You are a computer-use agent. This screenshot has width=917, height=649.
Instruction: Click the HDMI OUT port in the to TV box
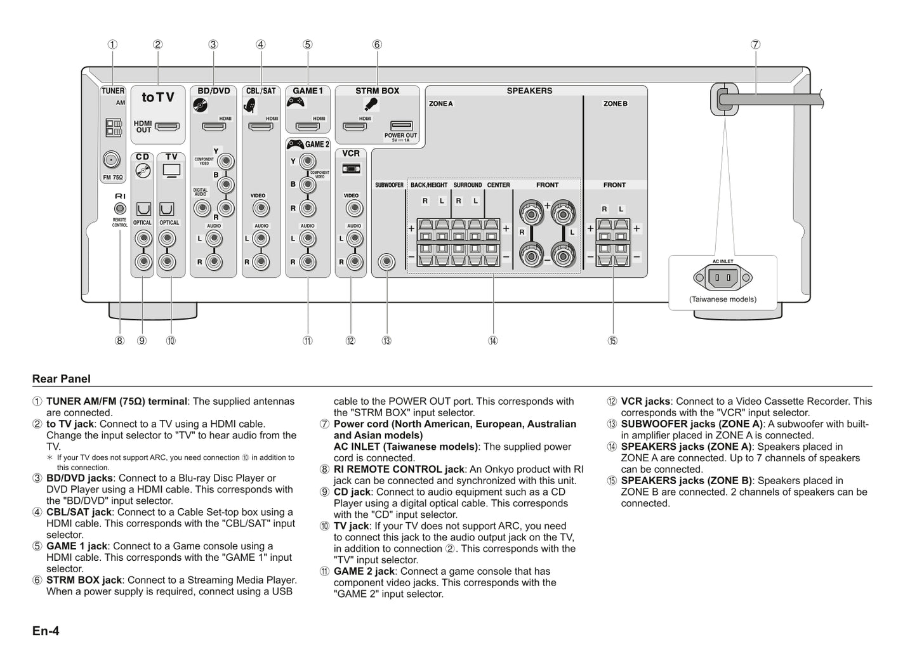pos(167,126)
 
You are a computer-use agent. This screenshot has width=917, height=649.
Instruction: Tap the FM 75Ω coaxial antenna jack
pos(111,159)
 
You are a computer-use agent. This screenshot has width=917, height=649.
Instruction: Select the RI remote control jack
pos(120,209)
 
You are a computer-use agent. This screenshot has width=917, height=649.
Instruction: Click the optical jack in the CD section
pos(143,209)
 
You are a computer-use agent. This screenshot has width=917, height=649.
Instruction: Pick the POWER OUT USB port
pos(401,126)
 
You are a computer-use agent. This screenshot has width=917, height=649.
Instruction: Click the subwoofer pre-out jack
pos(386,262)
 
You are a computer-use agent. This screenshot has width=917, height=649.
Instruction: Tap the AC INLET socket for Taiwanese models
pos(723,277)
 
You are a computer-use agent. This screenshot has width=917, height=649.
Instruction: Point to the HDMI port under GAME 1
pos(307,126)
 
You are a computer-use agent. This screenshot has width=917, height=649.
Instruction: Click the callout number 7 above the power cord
pos(755,44)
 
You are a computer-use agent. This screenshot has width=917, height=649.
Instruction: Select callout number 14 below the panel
pos(493,341)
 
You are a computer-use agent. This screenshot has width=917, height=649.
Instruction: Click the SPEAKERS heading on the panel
pos(529,91)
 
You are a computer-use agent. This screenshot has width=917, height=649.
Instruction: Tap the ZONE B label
pos(615,103)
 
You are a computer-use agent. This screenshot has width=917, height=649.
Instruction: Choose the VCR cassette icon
pos(351,169)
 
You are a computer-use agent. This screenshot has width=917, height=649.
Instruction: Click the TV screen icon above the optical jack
pos(171,170)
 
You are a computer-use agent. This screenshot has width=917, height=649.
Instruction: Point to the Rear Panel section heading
pos(62,379)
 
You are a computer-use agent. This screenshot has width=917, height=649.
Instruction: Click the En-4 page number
pos(46,631)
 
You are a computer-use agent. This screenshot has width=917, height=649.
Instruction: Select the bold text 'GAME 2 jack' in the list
pos(364,571)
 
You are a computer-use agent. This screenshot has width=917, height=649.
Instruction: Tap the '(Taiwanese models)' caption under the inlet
pos(723,299)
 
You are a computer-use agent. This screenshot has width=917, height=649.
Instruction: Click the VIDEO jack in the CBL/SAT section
pos(261,209)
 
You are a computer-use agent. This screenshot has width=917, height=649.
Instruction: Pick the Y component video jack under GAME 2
pos(307,162)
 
